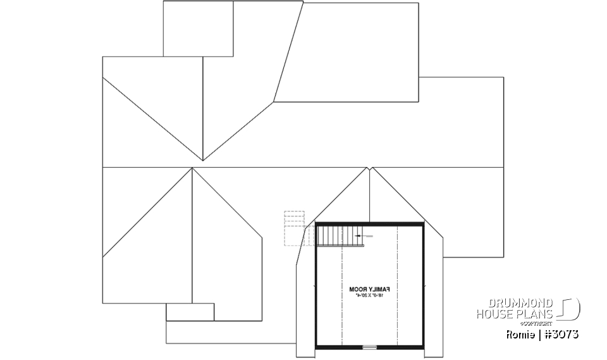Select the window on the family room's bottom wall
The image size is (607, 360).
pos(369,347)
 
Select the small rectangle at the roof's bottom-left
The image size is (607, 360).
pos(190,312)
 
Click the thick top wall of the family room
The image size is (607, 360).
pos(370,223)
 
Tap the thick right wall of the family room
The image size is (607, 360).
pos(424,285)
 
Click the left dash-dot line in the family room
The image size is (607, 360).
pos(341,297)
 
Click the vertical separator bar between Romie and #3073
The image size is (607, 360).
pos(539,334)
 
